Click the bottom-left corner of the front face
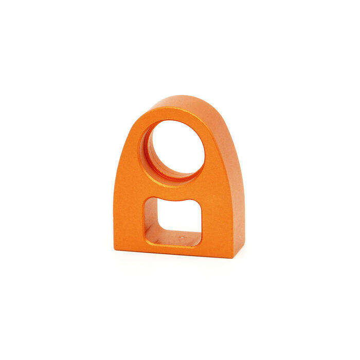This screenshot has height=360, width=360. pyautogui.click(x=114, y=250)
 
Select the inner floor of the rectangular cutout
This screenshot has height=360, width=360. pyautogui.click(x=172, y=239)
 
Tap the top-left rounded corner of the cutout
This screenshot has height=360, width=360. pyautogui.click(x=148, y=201)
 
